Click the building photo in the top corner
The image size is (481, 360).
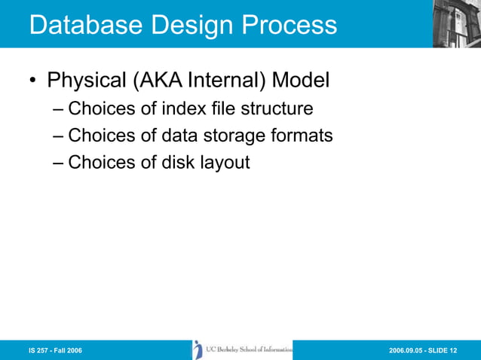[x=455, y=23]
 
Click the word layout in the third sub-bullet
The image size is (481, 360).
[x=223, y=162]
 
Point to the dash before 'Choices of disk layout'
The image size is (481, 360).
[x=59, y=162]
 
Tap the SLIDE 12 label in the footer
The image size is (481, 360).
[x=451, y=351]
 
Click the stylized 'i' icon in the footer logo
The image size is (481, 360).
[x=198, y=349]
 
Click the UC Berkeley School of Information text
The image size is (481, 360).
[x=249, y=349]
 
